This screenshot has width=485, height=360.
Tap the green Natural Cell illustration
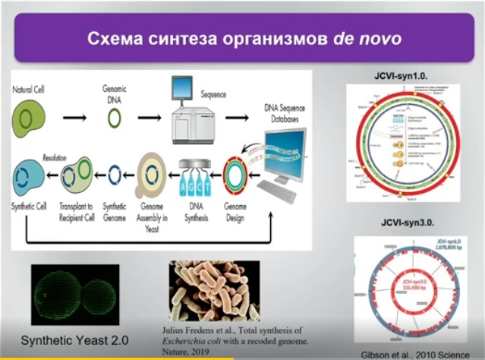[x=27, y=118]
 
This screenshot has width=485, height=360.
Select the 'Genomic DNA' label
[x=114, y=93]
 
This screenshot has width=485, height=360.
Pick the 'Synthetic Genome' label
[x=114, y=211]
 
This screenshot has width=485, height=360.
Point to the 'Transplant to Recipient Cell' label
[x=75, y=211]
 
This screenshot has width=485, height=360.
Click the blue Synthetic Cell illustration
[x=27, y=175]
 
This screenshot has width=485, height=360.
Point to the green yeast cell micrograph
[x=74, y=294]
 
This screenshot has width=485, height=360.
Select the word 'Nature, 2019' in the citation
[x=190, y=352]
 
